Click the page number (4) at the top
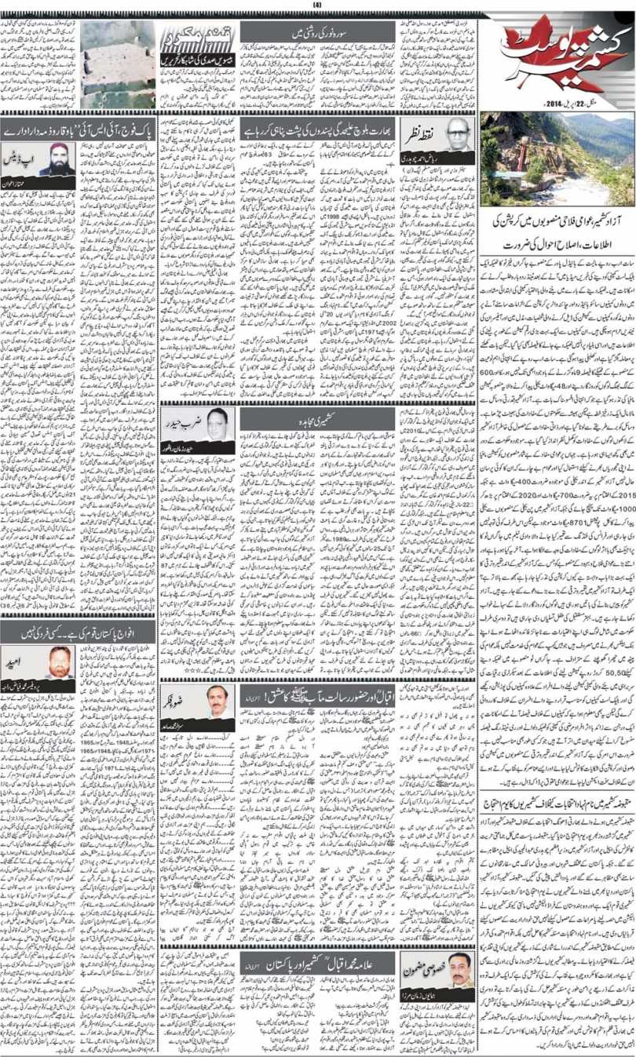pos(317,5)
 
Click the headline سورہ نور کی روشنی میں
pos(316,33)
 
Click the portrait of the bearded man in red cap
pos(58,160)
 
